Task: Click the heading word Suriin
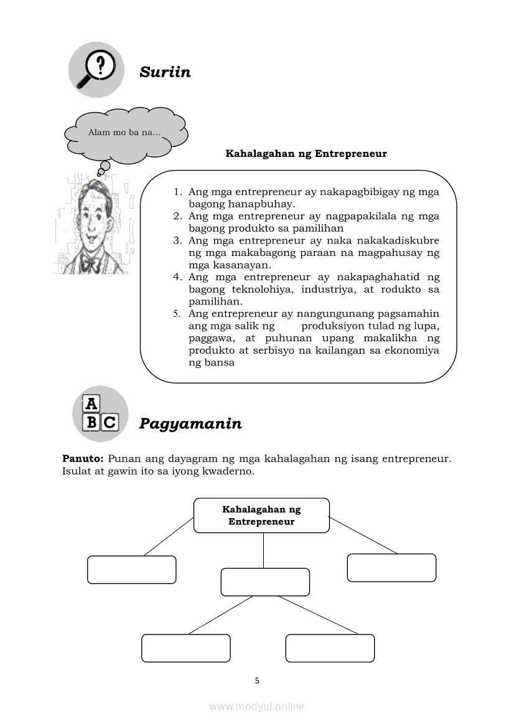[x=165, y=72]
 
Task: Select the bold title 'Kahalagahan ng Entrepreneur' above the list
[x=306, y=153]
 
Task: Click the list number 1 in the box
[x=177, y=192]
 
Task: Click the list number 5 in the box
[x=177, y=314]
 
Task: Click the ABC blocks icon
[x=100, y=414]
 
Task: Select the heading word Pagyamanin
[x=190, y=424]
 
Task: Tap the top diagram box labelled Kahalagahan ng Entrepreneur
[x=261, y=515]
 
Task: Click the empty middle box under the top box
[x=265, y=582]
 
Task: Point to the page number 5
[x=257, y=680]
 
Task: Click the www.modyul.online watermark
[x=257, y=706]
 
